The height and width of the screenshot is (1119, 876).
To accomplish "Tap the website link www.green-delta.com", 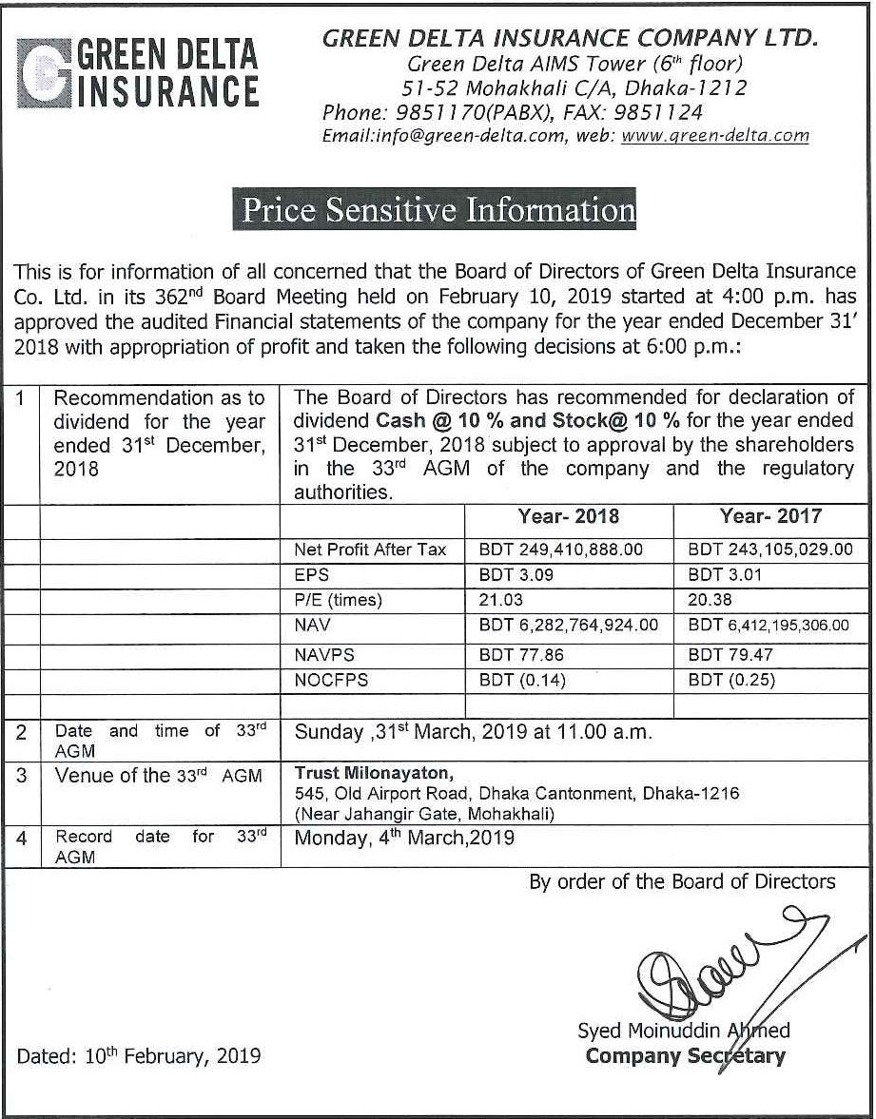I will [714, 135].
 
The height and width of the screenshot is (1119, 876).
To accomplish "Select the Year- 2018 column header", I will [568, 516].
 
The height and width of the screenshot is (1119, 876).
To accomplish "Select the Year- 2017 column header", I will [770, 516].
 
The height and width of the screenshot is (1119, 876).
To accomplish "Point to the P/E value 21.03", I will [501, 600].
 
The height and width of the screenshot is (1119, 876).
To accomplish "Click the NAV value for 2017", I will [769, 626].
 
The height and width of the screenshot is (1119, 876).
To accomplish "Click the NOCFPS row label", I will [331, 681].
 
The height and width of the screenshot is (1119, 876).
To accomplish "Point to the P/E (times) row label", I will [339, 600].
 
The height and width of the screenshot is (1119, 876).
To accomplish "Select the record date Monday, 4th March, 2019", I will [404, 838].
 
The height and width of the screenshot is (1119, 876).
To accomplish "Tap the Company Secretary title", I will [686, 1056].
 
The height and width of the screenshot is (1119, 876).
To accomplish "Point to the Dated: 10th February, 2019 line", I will [139, 1055].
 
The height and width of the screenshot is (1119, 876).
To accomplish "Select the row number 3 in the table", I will [22, 775].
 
